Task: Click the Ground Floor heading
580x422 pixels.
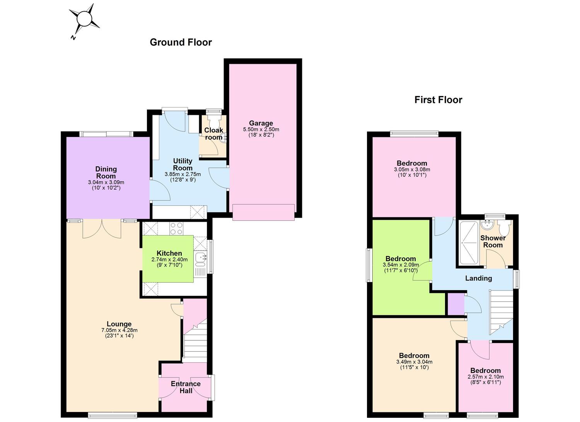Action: pyautogui.click(x=181, y=42)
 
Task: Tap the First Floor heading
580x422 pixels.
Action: pyautogui.click(x=438, y=100)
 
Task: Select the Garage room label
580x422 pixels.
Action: pyautogui.click(x=261, y=123)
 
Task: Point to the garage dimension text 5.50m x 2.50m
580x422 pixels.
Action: pyautogui.click(x=261, y=129)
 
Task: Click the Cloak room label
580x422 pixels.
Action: pyautogui.click(x=213, y=133)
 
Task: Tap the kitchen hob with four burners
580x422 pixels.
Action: pyautogui.click(x=176, y=228)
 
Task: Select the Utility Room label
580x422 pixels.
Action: pyautogui.click(x=183, y=164)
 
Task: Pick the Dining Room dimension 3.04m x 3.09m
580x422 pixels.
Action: pyautogui.click(x=106, y=182)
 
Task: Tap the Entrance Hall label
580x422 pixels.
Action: pyautogui.click(x=186, y=387)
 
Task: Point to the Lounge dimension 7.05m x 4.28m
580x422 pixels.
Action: pyautogui.click(x=119, y=330)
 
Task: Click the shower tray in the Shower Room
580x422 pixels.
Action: pyautogui.click(x=469, y=243)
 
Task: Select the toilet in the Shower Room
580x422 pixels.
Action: pyautogui.click(x=504, y=227)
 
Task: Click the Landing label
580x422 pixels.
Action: pyautogui.click(x=479, y=278)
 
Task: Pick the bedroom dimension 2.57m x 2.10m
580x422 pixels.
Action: pyautogui.click(x=486, y=377)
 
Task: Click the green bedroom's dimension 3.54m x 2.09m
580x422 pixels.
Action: pyautogui.click(x=401, y=265)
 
